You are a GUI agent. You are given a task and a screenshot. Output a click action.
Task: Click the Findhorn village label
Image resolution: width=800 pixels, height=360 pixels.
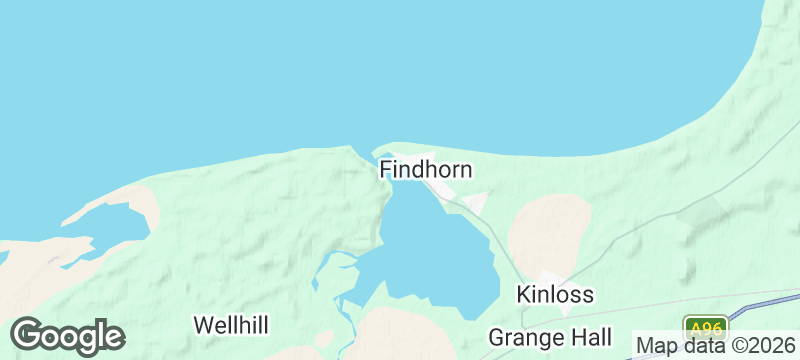tap(425, 170)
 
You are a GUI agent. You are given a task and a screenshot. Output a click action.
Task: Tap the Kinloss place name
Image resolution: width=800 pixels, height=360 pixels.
tap(555, 295)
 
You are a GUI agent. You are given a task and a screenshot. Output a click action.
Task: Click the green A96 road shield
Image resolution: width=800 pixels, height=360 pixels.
tap(705, 328)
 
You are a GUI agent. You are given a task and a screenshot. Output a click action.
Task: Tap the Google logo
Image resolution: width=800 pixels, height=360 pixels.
tap(67, 335)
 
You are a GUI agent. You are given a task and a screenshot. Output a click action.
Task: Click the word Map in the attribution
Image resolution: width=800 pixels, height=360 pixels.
tap(657, 347)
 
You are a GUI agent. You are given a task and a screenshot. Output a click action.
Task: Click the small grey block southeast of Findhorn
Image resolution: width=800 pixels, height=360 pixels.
tap(475, 203)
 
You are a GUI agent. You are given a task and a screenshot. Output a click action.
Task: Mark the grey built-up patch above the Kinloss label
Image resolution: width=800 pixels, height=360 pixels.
tap(551, 279)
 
